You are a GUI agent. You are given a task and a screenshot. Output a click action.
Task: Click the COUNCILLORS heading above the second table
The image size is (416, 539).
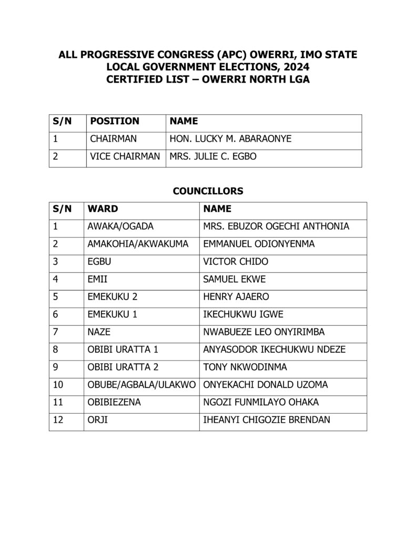pos(208,191)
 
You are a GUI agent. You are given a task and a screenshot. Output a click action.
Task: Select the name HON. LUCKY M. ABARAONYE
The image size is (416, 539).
pos(230,139)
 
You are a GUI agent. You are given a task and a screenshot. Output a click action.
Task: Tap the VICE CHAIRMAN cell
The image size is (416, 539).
pos(125,156)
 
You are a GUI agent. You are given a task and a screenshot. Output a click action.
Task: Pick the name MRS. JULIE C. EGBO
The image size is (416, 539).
pos(213,156)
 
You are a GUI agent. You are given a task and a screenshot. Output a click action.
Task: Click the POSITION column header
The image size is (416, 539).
pos(115,121)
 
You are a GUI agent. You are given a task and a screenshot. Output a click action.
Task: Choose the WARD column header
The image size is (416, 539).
pos(103,208)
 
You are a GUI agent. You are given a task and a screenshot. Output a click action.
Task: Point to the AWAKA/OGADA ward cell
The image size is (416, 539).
pos(120,226)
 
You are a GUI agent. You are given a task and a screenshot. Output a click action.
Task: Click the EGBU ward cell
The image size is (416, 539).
pos(98,262)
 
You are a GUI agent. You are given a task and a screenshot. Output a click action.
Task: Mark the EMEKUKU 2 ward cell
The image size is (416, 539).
pos(113,297)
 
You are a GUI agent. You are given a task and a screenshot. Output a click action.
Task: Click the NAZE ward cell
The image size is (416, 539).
pos(99,332)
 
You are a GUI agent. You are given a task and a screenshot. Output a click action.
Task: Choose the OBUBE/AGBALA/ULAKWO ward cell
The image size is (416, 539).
pos(140,385)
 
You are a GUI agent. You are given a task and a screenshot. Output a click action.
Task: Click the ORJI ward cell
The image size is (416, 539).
pos(97,420)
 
